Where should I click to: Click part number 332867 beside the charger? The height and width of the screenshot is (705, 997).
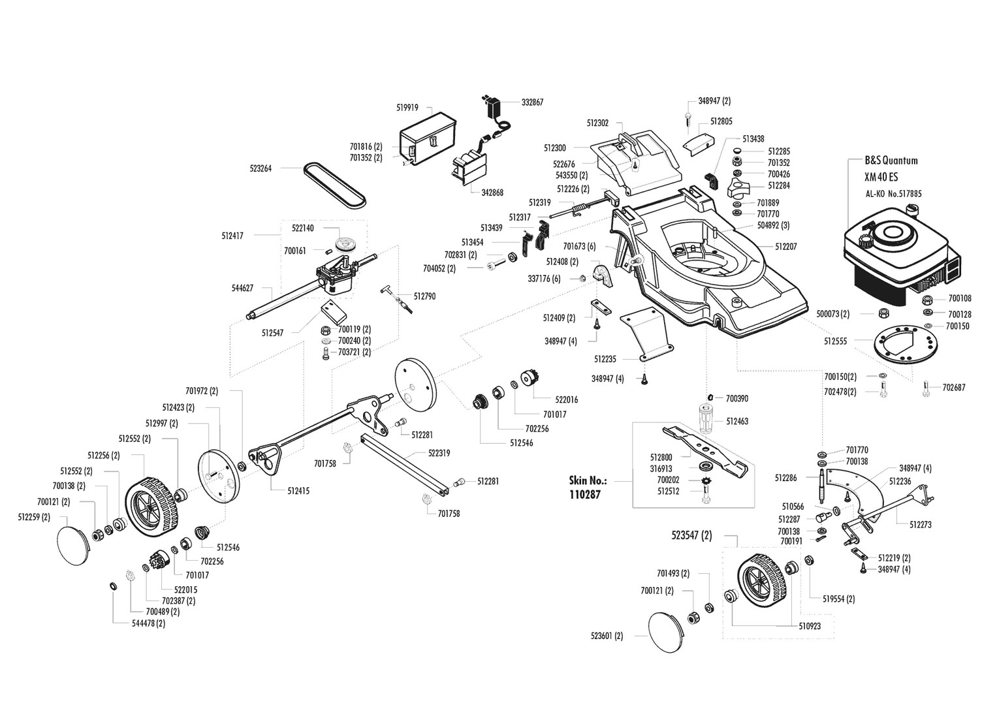(532, 102)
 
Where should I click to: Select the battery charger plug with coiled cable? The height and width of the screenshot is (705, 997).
(493, 111)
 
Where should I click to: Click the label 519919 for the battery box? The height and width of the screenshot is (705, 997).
(407, 107)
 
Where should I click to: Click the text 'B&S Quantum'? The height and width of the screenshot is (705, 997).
(891, 161)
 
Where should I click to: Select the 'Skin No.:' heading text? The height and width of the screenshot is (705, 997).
(588, 480)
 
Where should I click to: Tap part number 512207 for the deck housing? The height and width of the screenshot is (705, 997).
(786, 247)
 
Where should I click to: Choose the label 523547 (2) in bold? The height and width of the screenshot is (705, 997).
(691, 536)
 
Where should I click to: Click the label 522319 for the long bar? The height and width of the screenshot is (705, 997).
(439, 452)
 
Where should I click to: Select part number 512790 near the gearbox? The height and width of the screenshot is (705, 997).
(424, 296)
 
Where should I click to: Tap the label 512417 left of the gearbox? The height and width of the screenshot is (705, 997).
(232, 236)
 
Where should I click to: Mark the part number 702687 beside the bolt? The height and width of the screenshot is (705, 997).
(955, 388)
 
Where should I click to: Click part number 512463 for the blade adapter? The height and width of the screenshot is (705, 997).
(737, 422)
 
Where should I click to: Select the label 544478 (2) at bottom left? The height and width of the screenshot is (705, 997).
(148, 623)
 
